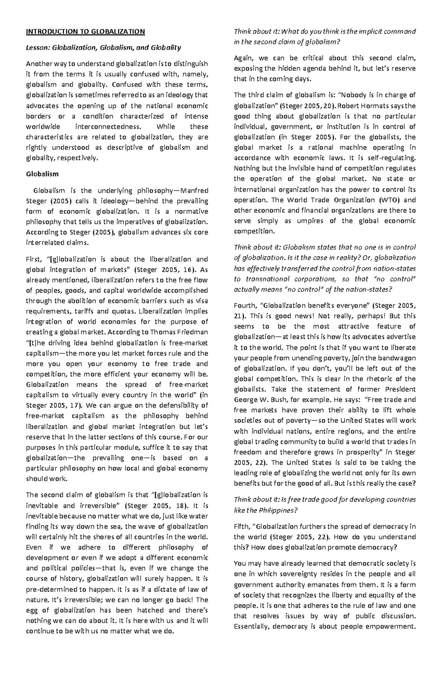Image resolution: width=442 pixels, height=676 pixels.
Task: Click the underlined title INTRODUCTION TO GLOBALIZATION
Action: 85,31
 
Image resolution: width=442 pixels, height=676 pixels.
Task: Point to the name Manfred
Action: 195,190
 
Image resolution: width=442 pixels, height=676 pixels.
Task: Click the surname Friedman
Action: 192,332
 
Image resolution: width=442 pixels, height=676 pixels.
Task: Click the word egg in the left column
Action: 32,610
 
